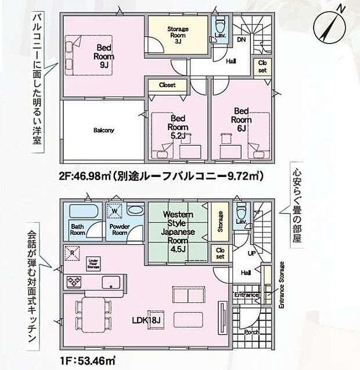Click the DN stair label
point(241,39)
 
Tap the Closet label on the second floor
point(167,85)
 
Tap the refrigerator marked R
point(71,253)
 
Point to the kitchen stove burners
point(75,282)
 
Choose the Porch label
point(251,332)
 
